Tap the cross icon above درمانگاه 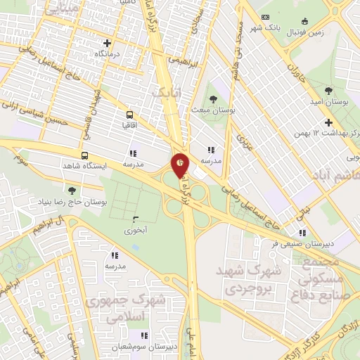108,43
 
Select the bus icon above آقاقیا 129,115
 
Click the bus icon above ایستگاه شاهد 85,155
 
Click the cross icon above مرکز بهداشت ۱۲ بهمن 328,122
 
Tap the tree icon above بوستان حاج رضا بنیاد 72,190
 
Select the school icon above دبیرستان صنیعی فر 302,233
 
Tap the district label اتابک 167,93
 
